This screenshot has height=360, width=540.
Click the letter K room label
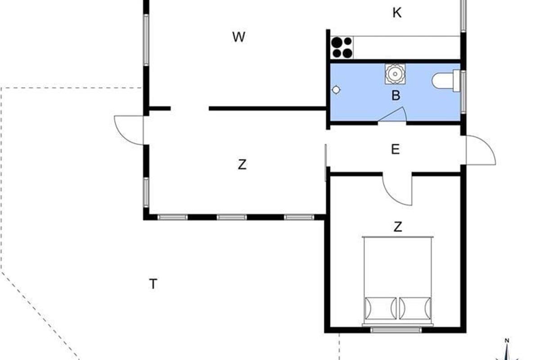tap(397, 13)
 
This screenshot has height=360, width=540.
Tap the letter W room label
tap(238, 37)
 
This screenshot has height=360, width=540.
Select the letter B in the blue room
tap(396, 95)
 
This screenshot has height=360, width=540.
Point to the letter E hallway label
tap(395, 149)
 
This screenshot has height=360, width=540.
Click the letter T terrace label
tap(153, 284)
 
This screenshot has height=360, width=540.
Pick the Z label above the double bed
tap(398, 227)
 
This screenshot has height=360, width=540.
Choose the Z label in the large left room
tap(242, 164)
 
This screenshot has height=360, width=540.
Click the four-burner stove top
tap(342, 48)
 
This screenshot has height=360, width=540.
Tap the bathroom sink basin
tap(395, 74)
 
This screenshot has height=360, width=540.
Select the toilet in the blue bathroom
tap(446, 81)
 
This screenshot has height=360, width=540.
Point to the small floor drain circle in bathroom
tap(336, 90)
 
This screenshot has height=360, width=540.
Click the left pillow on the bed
tap(381, 309)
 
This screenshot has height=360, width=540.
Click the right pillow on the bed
tap(415, 309)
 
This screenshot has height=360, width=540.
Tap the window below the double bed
tap(396, 329)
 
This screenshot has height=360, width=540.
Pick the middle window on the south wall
tap(232, 217)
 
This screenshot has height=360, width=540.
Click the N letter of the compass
tap(507, 341)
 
